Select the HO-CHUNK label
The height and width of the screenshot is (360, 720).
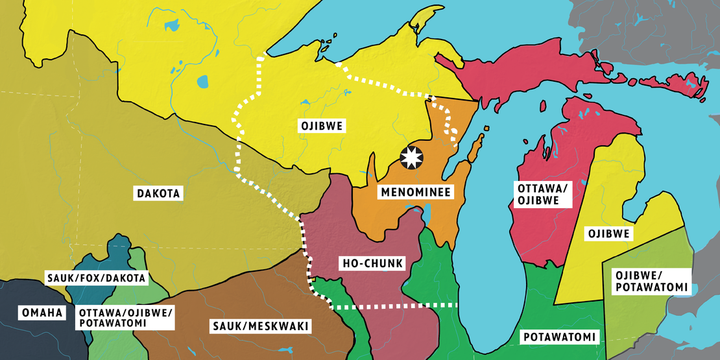(x=372, y=263)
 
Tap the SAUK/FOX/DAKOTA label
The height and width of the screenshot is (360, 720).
(x=97, y=278)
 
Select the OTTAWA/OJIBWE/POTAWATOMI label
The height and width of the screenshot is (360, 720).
(x=126, y=318)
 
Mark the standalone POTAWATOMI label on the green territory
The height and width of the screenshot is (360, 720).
(x=559, y=337)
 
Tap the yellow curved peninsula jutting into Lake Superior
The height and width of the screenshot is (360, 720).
(x=423, y=26)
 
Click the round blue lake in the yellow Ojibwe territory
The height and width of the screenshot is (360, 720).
(x=203, y=82)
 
